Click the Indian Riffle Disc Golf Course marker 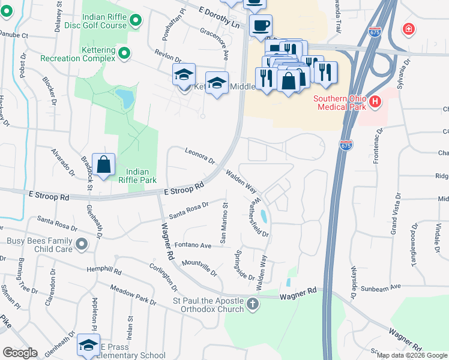click(x=136, y=21)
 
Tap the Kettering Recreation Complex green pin click(x=124, y=53)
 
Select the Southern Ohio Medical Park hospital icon click(x=375, y=102)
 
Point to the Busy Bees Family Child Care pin click(x=82, y=244)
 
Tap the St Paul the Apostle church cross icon click(x=253, y=304)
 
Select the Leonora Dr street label click(x=200, y=156)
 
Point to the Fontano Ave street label click(x=193, y=245)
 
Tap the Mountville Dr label click(x=199, y=268)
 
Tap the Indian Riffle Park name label click(x=136, y=175)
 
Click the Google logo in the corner click(x=20, y=353)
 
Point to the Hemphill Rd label click(x=104, y=271)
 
